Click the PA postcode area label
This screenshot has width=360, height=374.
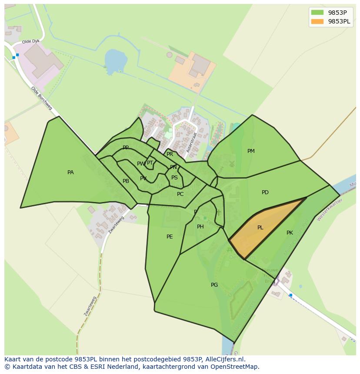click(x=70, y=172)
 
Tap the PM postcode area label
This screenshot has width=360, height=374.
click(x=251, y=151)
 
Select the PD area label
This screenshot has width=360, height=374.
click(x=265, y=192)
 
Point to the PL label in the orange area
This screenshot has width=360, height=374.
click(x=260, y=228)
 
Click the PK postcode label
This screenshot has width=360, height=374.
click(x=290, y=233)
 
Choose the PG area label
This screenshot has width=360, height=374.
click(x=214, y=285)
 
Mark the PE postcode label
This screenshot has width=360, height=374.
click(x=170, y=237)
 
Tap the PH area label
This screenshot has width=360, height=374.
click(x=200, y=227)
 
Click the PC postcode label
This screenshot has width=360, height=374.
click(x=180, y=194)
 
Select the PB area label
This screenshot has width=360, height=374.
click(x=126, y=181)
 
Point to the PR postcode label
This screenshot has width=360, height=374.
click(x=170, y=154)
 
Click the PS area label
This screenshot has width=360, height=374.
click(x=174, y=178)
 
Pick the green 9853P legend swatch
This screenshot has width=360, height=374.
click(x=317, y=13)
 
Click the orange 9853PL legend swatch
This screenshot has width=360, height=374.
click(x=317, y=21)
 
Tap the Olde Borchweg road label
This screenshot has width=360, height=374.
click(x=42, y=99)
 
